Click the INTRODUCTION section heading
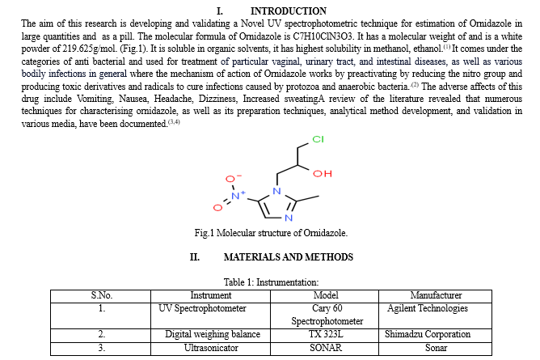289,11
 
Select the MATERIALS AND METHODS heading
289,257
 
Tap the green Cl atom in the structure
318,139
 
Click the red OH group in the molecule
323,173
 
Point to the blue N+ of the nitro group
238,195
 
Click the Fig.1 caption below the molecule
271,233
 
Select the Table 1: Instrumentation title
271,282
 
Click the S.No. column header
102,295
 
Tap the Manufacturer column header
436,295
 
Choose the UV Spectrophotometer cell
202,308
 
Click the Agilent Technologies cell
428,308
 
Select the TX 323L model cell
326,334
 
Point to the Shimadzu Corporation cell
428,334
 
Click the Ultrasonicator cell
211,348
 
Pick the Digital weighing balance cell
213,334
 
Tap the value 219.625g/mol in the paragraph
89,49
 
